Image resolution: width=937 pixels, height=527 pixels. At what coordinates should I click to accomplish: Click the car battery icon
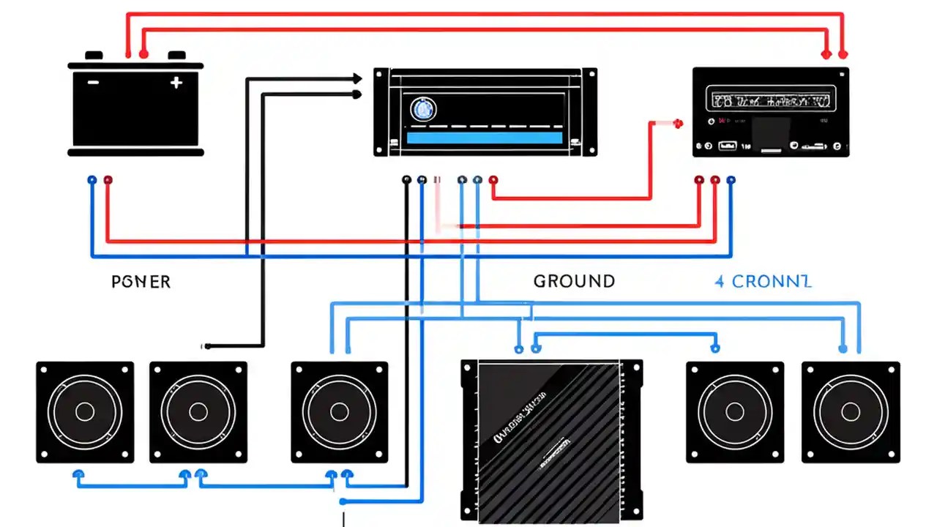coord(135,106)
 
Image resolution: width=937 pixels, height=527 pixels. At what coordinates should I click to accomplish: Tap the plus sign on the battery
coord(176,83)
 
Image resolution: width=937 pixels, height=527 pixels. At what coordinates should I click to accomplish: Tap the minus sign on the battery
coord(93,83)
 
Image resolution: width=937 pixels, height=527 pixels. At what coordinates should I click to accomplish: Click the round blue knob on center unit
coord(422,110)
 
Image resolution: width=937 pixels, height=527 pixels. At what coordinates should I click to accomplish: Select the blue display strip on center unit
coord(484,138)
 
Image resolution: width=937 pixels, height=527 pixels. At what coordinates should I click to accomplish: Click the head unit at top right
coord(771,111)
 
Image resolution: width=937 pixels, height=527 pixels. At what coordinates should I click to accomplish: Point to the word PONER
coord(141,282)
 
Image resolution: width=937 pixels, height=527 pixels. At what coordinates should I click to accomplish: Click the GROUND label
coord(574,281)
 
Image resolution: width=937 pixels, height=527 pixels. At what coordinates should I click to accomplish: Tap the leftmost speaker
coord(85,411)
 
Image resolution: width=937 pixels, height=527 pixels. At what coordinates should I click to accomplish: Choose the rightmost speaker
coord(851,411)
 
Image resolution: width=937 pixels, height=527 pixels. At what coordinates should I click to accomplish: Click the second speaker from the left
coord(198,411)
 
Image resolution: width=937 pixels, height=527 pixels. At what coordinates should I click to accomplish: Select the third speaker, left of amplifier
coord(339,411)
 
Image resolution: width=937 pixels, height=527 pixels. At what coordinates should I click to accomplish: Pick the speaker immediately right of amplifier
coord(735,411)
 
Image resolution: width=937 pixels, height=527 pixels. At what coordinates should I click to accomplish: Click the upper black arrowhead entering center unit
coord(357,78)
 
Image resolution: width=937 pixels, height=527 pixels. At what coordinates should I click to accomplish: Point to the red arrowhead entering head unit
coord(678,123)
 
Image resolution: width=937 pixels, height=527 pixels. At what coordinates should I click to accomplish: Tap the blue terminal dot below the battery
coord(92,179)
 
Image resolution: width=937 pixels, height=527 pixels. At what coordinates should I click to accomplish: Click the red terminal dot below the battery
coord(108,179)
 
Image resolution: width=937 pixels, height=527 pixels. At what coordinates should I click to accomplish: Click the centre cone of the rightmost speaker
coord(851,411)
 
